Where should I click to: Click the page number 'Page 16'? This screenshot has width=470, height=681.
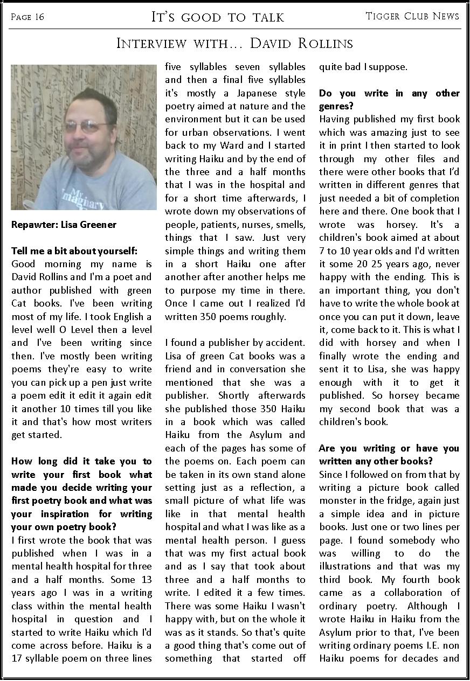(x=27, y=17)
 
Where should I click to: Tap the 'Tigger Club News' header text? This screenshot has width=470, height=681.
(x=412, y=16)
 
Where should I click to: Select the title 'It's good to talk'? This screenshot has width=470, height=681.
(x=217, y=17)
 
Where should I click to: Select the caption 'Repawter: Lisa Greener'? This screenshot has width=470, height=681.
(x=64, y=225)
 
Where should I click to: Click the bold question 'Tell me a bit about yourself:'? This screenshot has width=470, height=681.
(x=74, y=251)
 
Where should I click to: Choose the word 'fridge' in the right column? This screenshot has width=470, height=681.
(x=402, y=501)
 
